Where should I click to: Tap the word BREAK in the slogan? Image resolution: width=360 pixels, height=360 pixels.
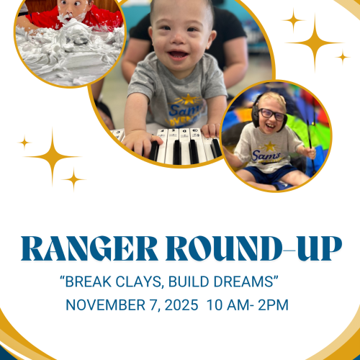(x=92, y=279)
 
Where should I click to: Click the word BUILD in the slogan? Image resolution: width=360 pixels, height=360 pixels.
(x=193, y=279)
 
